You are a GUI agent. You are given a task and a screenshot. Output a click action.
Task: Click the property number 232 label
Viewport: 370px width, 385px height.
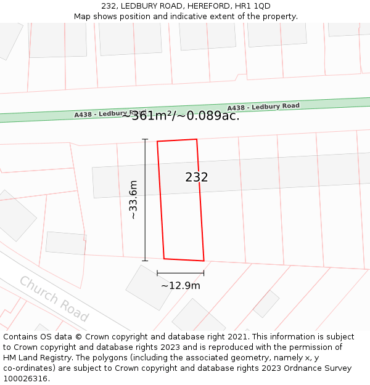pos(197,177)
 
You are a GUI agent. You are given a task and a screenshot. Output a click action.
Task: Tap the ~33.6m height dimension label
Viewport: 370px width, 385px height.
pos(133,200)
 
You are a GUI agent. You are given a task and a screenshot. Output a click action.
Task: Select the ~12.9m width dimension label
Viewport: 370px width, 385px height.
pos(181,285)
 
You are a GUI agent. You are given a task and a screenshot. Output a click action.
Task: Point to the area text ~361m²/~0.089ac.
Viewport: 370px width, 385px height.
pos(180,115)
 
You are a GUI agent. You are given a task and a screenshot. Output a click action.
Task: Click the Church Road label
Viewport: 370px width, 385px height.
pos(54,299)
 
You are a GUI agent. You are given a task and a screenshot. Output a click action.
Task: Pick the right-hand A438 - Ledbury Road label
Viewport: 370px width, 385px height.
pos(263,107)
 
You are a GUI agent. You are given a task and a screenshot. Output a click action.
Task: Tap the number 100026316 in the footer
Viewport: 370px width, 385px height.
pos(25,379)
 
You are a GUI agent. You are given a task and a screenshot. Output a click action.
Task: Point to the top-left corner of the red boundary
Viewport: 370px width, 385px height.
pos(157,142)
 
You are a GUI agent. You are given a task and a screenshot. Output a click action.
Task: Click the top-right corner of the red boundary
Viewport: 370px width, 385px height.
pos(197,139)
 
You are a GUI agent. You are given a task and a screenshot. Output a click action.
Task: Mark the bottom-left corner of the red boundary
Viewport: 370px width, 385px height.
pos(164,258)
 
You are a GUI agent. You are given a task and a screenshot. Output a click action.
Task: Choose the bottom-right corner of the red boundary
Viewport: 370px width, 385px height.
pos(203,261)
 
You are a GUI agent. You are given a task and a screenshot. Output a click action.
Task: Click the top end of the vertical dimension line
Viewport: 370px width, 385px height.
pos(146,139)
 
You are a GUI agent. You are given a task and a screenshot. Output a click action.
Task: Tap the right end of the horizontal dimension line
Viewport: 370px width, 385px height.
pos(203,273)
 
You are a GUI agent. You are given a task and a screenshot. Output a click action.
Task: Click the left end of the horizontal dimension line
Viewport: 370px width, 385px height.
pos(157,273)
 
